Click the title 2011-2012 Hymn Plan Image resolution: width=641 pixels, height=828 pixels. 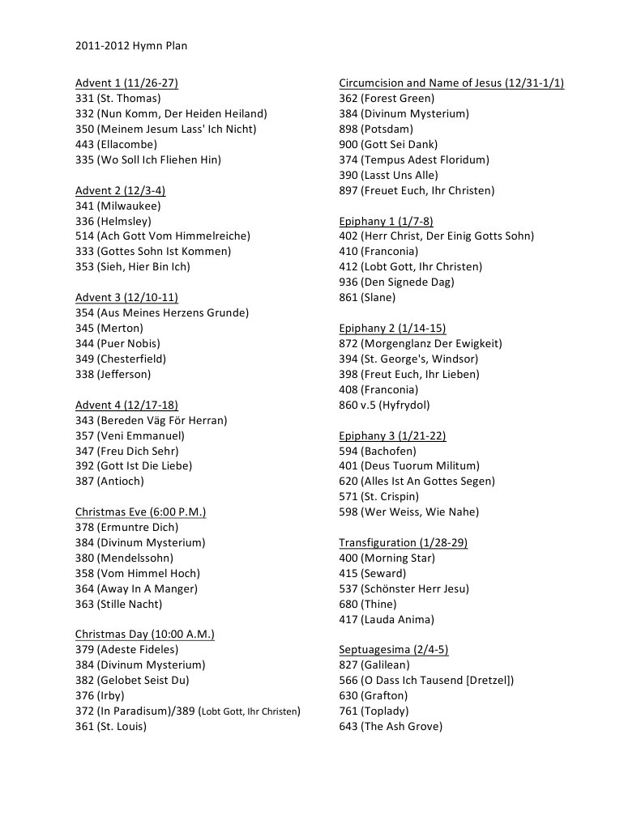pyautogui.click(x=131, y=46)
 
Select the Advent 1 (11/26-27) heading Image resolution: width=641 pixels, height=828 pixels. pyautogui.click(x=126, y=83)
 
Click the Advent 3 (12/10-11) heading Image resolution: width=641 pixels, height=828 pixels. pyautogui.click(x=126, y=297)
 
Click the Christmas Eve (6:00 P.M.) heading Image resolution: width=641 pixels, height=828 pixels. pyautogui.click(x=140, y=512)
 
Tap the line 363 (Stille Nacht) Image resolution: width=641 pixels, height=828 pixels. pyautogui.click(x=118, y=604)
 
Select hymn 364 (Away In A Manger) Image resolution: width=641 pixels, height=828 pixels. pyautogui.click(x=136, y=588)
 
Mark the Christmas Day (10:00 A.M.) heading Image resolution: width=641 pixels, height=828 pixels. pyautogui.click(x=144, y=634)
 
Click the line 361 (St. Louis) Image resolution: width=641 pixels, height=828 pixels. pyautogui.click(x=111, y=726)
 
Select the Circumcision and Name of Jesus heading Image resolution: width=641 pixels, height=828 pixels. pyautogui.click(x=451, y=83)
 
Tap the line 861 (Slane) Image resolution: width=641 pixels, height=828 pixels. pyautogui.click(x=367, y=297)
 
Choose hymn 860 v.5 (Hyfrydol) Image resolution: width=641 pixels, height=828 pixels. pyautogui.click(x=384, y=405)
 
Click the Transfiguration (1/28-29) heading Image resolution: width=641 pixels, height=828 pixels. pyautogui.click(x=403, y=542)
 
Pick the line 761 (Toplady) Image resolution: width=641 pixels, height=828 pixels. pyautogui.click(x=374, y=711)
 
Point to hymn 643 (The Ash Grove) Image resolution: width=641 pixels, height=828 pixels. pyautogui.click(x=391, y=726)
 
